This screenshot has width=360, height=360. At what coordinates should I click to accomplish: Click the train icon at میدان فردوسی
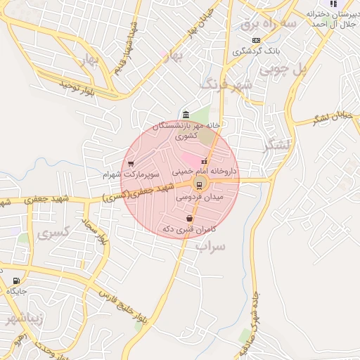click(200, 186)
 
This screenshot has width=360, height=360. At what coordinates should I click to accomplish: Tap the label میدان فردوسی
click(198, 198)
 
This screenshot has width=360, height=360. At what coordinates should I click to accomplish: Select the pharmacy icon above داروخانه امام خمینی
click(205, 162)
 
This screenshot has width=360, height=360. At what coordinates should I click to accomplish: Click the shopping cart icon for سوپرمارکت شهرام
click(131, 163)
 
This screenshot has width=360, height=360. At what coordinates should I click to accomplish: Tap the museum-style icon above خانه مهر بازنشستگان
click(185, 115)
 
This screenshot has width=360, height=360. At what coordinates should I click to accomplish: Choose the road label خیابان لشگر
click(331, 117)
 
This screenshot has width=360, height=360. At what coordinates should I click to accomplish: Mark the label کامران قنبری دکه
click(188, 229)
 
